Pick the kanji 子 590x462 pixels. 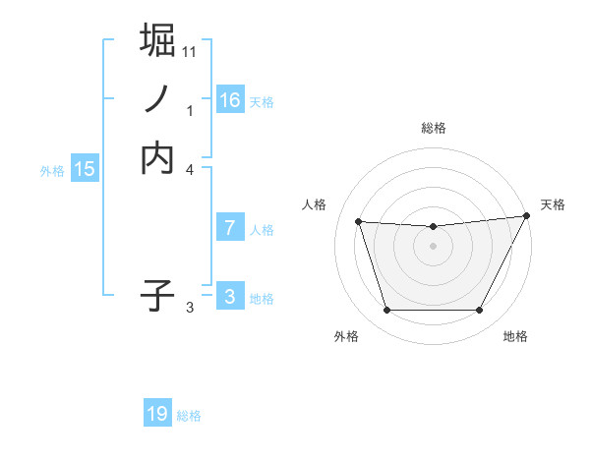pyautogui.click(x=157, y=295)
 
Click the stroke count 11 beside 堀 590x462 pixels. pyautogui.click(x=190, y=51)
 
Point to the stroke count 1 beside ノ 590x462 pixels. pyautogui.click(x=191, y=111)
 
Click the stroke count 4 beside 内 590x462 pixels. pyautogui.click(x=191, y=170)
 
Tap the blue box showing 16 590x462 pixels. pyautogui.click(x=230, y=100)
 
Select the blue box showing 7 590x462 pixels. pyautogui.click(x=230, y=228)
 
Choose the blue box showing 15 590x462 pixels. pyautogui.click(x=84, y=169)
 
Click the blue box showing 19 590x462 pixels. pyautogui.click(x=157, y=415)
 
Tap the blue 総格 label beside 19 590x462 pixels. pyautogui.click(x=189, y=416)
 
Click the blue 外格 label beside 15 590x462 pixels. pyautogui.click(x=52, y=170)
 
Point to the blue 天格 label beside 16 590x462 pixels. pyautogui.click(x=262, y=101)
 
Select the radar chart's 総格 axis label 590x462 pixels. pyautogui.click(x=433, y=128)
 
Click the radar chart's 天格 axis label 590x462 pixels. pyautogui.click(x=553, y=204)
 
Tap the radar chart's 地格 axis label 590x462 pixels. pyautogui.click(x=515, y=336)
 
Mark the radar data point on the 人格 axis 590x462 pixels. pyautogui.click(x=359, y=222)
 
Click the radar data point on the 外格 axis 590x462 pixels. pyautogui.click(x=386, y=311)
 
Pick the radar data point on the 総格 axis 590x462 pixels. pyautogui.click(x=433, y=227)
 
